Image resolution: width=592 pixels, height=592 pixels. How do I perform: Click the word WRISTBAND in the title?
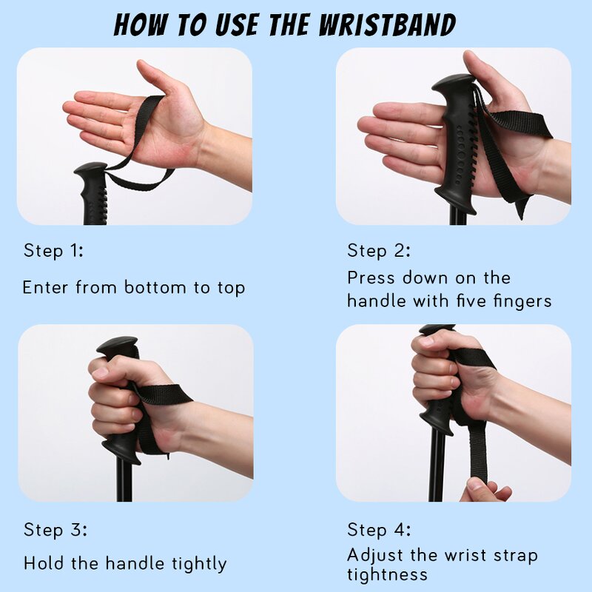click(x=387, y=25)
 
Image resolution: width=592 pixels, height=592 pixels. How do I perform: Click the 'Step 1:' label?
click(x=53, y=250)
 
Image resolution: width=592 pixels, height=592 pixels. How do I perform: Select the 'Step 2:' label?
click(x=378, y=250)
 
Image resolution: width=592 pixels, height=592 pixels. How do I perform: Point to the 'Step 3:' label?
click(x=55, y=529)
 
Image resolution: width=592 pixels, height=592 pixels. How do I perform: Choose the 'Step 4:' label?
click(x=379, y=529)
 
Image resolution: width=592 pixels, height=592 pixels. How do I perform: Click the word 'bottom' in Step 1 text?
click(x=155, y=287)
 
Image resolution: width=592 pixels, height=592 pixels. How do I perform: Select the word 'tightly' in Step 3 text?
click(x=199, y=564)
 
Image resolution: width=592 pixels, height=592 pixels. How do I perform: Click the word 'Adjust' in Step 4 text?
click(x=375, y=556)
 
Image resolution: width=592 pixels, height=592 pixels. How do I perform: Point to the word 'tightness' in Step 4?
click(x=387, y=575)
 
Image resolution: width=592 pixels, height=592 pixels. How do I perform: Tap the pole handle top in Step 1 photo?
click(x=90, y=169)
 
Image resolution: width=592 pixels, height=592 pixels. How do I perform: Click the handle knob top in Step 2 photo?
click(x=452, y=82)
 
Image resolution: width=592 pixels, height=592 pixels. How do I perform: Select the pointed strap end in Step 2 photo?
click(x=520, y=209)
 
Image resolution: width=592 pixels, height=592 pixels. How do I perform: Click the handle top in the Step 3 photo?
click(x=117, y=344)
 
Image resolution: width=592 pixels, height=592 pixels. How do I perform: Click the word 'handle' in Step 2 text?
click(x=377, y=301)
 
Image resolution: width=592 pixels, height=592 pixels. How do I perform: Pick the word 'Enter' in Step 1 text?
click(x=46, y=287)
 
